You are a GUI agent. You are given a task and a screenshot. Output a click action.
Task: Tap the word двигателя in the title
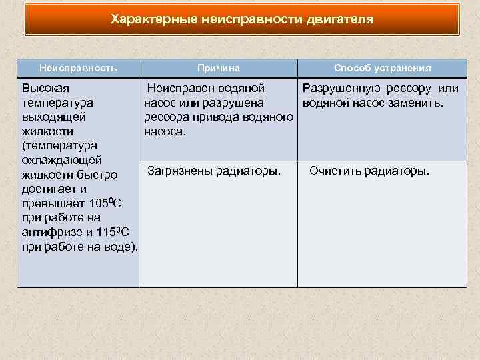340,19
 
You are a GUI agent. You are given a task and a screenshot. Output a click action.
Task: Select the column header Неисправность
78,68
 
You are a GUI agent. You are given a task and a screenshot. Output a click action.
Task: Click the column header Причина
218,68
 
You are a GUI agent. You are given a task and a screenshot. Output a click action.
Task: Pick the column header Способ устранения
382,68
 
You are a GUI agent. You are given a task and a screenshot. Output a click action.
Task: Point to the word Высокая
46,89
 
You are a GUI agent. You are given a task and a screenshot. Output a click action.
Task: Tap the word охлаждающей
61,160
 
